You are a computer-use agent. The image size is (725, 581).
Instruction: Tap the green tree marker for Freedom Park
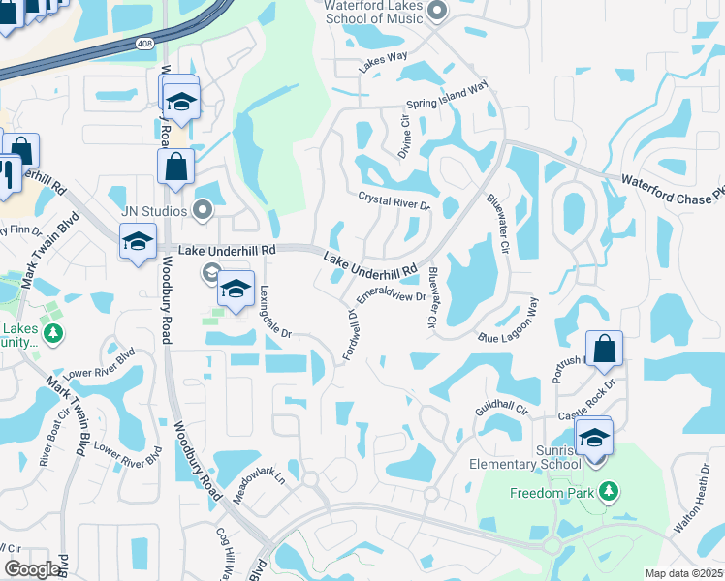coord(609,493)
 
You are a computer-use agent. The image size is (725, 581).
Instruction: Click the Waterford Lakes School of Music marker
coord(436,12)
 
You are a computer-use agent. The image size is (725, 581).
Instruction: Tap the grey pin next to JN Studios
coord(203,208)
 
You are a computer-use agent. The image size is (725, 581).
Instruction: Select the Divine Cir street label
coord(406,138)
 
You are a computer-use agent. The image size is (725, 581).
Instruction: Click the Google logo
coord(33,569)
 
